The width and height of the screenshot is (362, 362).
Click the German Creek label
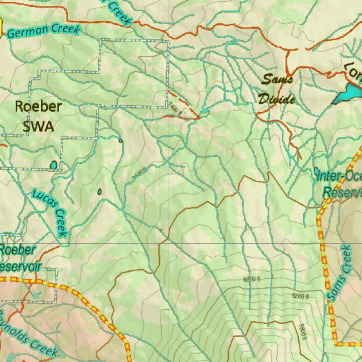pyautogui.click(x=43, y=30)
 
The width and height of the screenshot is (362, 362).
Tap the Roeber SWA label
pyautogui.click(x=38, y=116)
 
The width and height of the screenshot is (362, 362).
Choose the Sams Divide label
pyautogui.click(x=277, y=89)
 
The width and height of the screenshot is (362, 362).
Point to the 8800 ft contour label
pyautogui.click(x=252, y=279)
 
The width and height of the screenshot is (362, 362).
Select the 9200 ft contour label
pyautogui.click(x=300, y=296)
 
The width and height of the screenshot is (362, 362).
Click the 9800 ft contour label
pyautogui.click(x=302, y=333)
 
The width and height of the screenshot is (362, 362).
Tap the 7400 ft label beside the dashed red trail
pyautogui.click(x=176, y=108)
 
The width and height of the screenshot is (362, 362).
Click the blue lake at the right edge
pyautogui.click(x=348, y=94)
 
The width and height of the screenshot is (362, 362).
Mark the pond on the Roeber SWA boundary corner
pyautogui.click(x=53, y=165)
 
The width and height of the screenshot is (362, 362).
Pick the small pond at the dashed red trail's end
pyautogui.click(x=204, y=112)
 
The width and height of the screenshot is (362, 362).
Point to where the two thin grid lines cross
pyautogui.click(x=169, y=243)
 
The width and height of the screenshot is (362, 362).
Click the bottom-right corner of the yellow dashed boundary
pyautogui.click(x=336, y=343)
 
